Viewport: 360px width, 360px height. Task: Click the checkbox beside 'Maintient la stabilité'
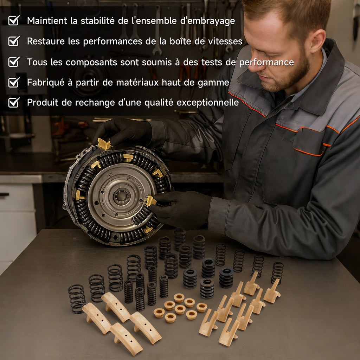pyautogui.click(x=14, y=20)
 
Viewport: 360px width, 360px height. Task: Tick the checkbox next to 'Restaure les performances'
pyautogui.click(x=14, y=41)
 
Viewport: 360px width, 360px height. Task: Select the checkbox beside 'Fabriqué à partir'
pyautogui.click(x=14, y=82)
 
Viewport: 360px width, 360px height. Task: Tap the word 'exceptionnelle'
pyautogui.click(x=207, y=103)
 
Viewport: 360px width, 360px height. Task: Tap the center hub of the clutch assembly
pyautogui.click(x=121, y=196)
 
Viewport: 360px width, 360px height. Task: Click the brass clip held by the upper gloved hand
pyautogui.click(x=104, y=144)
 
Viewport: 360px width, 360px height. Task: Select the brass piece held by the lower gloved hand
pyautogui.click(x=151, y=201)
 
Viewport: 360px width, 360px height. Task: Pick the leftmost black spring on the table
pyautogui.click(x=77, y=299)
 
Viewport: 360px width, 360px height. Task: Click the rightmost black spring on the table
pyautogui.click(x=277, y=273)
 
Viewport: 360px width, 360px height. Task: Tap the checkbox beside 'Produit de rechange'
pyautogui.click(x=14, y=102)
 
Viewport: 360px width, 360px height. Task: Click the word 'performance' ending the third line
pyautogui.click(x=266, y=63)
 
